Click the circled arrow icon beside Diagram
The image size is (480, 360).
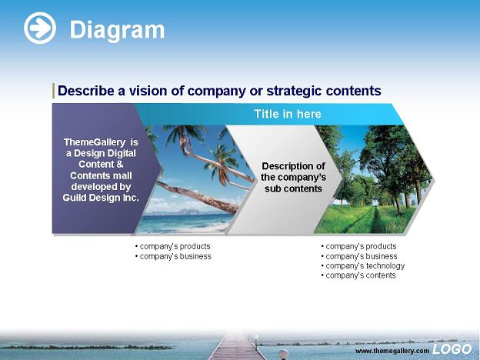point(40,28)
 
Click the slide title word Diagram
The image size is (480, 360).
point(117,30)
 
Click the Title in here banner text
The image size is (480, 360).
point(288,114)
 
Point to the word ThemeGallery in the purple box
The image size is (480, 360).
point(95,142)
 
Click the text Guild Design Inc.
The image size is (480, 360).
point(101,198)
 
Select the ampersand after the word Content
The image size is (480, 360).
point(119,165)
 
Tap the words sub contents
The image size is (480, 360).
point(293,189)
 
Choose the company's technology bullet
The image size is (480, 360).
point(363,266)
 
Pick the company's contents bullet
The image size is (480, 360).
point(358,275)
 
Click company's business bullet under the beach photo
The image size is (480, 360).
point(173,256)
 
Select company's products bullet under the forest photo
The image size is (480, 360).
point(358,246)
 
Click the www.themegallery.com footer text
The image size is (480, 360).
point(392,351)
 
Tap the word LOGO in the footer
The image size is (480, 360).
point(452,349)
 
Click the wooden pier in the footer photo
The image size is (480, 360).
point(236,347)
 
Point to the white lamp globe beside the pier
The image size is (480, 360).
point(283,354)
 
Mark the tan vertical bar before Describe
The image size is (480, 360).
point(54,91)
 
